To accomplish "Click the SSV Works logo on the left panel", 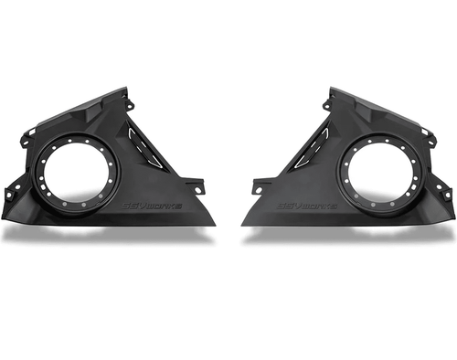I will [154, 206].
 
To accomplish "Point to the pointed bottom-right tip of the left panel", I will [214, 223].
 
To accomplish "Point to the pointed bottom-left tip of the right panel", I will [243, 223].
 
